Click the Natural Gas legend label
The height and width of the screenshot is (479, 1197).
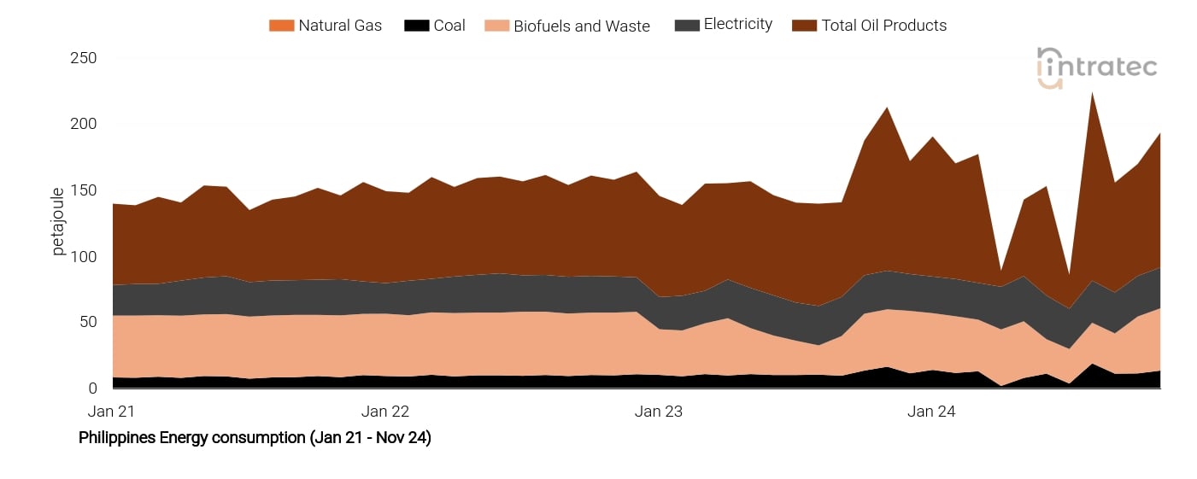pyautogui.click(x=340, y=26)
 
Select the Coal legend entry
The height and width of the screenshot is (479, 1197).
pyautogui.click(x=449, y=26)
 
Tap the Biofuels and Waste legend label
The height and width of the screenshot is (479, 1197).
pyautogui.click(x=581, y=26)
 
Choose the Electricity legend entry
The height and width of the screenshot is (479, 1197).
pyautogui.click(x=737, y=25)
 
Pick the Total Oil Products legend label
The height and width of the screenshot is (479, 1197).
pyautogui.click(x=883, y=26)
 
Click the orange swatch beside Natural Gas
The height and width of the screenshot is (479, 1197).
pyautogui.click(x=281, y=26)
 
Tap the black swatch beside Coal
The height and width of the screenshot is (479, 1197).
pyautogui.click(x=416, y=26)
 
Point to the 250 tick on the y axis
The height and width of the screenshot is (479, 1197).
pyautogui.click(x=83, y=58)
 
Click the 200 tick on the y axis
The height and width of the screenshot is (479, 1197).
pyautogui.click(x=83, y=125)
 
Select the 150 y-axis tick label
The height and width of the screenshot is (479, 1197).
pyautogui.click(x=83, y=190)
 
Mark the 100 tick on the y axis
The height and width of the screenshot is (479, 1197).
pyautogui.click(x=83, y=257)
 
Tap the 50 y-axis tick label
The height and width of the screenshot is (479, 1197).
pyautogui.click(x=87, y=322)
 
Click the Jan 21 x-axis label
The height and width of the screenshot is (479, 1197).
pyautogui.click(x=112, y=412)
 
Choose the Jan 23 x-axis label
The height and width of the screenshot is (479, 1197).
pyautogui.click(x=659, y=412)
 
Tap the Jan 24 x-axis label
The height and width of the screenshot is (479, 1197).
pyautogui.click(x=931, y=412)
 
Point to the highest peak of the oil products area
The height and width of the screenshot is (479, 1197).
pyautogui.click(x=1092, y=92)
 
